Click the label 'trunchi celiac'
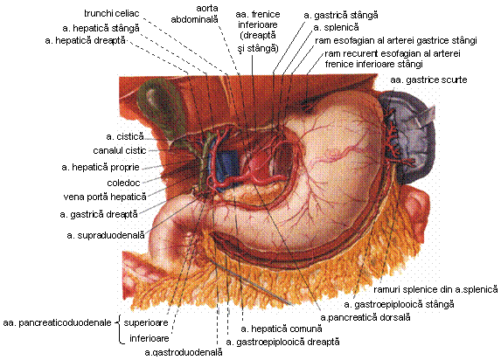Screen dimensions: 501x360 point(112,14)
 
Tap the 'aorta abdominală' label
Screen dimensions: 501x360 point(195,14)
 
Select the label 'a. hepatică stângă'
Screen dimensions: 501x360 point(101,29)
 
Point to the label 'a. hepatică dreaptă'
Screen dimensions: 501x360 point(86,41)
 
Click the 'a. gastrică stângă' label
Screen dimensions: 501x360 point(341,15)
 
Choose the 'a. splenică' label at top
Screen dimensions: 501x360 point(336,27)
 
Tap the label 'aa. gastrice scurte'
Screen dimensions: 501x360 point(428,80)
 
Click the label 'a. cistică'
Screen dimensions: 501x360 point(125,136)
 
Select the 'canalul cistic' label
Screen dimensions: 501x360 point(120,150)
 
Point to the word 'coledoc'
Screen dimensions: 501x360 point(123,183)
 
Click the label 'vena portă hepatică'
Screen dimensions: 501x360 point(105,197)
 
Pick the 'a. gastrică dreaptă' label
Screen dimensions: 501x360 point(99,214)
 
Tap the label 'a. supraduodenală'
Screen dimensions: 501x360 point(106,235)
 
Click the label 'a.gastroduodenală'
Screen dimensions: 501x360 point(184,352)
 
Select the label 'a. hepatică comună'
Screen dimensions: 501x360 point(282,329)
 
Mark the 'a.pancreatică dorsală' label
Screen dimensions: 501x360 point(365,317)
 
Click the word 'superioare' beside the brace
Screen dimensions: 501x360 point(146,322)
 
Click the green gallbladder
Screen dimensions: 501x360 point(160,112)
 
